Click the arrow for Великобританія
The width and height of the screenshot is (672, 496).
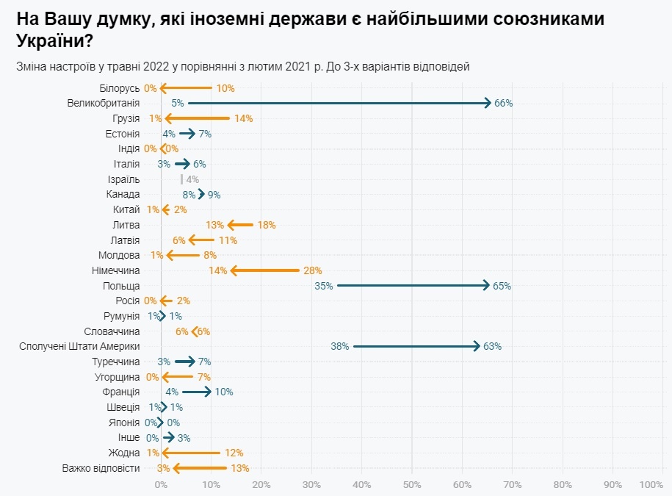[x=338, y=103]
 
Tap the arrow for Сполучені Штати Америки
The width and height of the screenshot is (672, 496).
[x=416, y=346]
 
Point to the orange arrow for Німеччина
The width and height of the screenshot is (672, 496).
[x=265, y=270]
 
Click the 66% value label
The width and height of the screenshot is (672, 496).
[x=503, y=103]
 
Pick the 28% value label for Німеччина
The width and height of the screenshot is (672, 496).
[x=312, y=270]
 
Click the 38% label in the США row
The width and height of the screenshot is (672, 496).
[x=339, y=346]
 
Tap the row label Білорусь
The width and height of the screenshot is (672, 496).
[x=120, y=88]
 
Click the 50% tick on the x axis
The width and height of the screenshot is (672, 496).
[x=412, y=484]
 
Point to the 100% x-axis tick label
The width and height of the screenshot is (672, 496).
[x=651, y=484]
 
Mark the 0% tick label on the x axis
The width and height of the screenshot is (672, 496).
[x=161, y=484]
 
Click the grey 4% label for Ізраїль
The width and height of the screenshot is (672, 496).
[x=192, y=179]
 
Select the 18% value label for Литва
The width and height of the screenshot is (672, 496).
[x=266, y=225]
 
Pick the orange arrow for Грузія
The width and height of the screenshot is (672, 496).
[x=198, y=118]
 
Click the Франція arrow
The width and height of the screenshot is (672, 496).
[x=196, y=392]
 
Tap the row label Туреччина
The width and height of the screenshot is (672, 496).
[x=116, y=362]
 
